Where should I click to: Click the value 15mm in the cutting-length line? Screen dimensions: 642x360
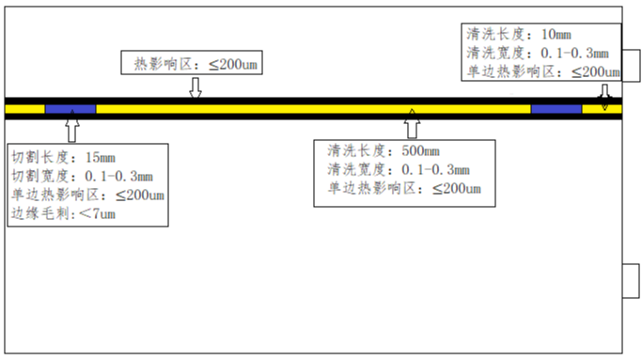click(101, 157)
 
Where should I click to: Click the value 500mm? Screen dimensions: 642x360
click(420, 150)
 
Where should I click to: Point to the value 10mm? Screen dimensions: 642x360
click(556, 35)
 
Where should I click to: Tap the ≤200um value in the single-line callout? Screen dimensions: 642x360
click(233, 64)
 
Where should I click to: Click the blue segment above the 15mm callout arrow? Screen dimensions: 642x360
click(70, 109)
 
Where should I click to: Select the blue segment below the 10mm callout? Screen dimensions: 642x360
click(556, 109)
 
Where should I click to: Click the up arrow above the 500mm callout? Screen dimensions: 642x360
click(413, 124)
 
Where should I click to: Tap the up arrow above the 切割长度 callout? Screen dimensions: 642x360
click(72, 126)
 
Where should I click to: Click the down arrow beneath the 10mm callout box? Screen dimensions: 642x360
click(604, 98)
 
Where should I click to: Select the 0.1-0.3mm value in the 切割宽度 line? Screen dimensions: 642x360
click(119, 176)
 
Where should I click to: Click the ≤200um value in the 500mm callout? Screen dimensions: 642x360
click(457, 188)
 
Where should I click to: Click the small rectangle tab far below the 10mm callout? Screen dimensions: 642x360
click(631, 281)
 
